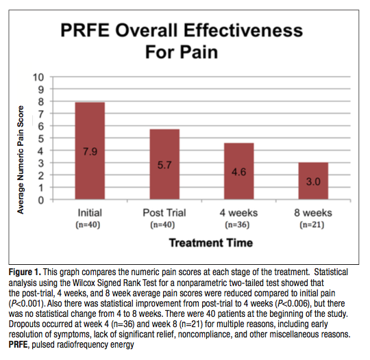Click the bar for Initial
click(x=91, y=151)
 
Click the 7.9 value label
click(x=91, y=151)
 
